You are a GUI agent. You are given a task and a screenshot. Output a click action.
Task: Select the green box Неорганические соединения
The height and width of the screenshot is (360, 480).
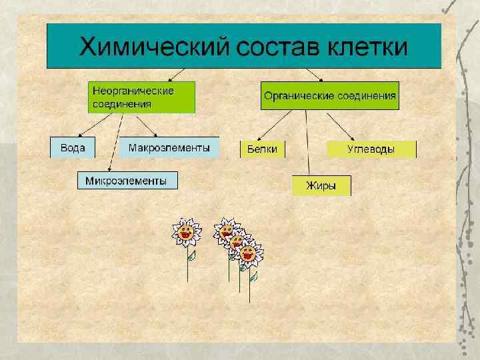[x=142, y=97]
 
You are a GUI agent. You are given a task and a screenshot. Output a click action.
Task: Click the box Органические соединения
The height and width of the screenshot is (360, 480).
[x=330, y=96]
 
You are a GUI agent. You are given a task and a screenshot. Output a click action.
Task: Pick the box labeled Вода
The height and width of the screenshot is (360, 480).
[x=73, y=147]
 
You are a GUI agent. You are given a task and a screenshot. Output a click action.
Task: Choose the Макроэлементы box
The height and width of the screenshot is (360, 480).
[x=169, y=147]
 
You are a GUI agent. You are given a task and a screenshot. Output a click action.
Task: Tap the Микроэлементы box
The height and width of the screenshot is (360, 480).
[x=127, y=180]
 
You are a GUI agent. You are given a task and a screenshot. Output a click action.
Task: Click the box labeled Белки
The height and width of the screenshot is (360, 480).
[x=262, y=149]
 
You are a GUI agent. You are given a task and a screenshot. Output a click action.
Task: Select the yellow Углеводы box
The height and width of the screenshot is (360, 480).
[x=371, y=149]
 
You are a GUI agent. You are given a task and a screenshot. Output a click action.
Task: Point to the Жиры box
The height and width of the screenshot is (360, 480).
[x=321, y=185]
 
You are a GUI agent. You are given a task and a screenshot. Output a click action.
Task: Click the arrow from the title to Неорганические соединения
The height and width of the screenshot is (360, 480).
[x=175, y=74]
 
